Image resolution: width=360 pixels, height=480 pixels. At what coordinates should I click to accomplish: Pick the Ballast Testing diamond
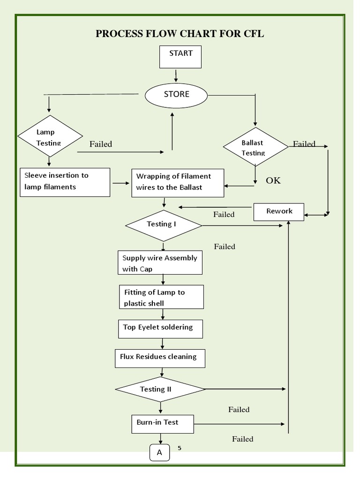255,147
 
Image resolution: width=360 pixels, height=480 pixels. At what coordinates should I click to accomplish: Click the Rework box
279,211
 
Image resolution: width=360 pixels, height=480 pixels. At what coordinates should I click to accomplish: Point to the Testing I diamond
163,225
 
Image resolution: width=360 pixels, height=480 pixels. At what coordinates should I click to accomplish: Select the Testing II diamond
160,389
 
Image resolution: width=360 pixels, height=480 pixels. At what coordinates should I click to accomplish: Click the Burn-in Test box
161,423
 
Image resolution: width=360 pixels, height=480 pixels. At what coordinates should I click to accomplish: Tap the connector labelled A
159,453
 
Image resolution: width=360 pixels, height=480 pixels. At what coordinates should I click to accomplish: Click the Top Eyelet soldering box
160,328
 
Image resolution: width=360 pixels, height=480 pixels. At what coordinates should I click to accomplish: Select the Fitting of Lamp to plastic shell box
161,297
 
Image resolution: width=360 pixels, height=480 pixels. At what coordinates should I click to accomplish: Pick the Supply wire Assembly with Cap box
160,262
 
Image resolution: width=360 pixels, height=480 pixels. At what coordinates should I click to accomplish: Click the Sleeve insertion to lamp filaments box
65,182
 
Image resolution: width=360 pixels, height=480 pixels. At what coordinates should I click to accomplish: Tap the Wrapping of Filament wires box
178,182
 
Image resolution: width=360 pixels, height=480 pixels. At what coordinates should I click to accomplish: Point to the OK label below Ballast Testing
273,180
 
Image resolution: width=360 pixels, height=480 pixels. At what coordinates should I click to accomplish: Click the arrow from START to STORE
176,75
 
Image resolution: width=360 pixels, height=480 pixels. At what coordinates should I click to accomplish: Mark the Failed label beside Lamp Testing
101,144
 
